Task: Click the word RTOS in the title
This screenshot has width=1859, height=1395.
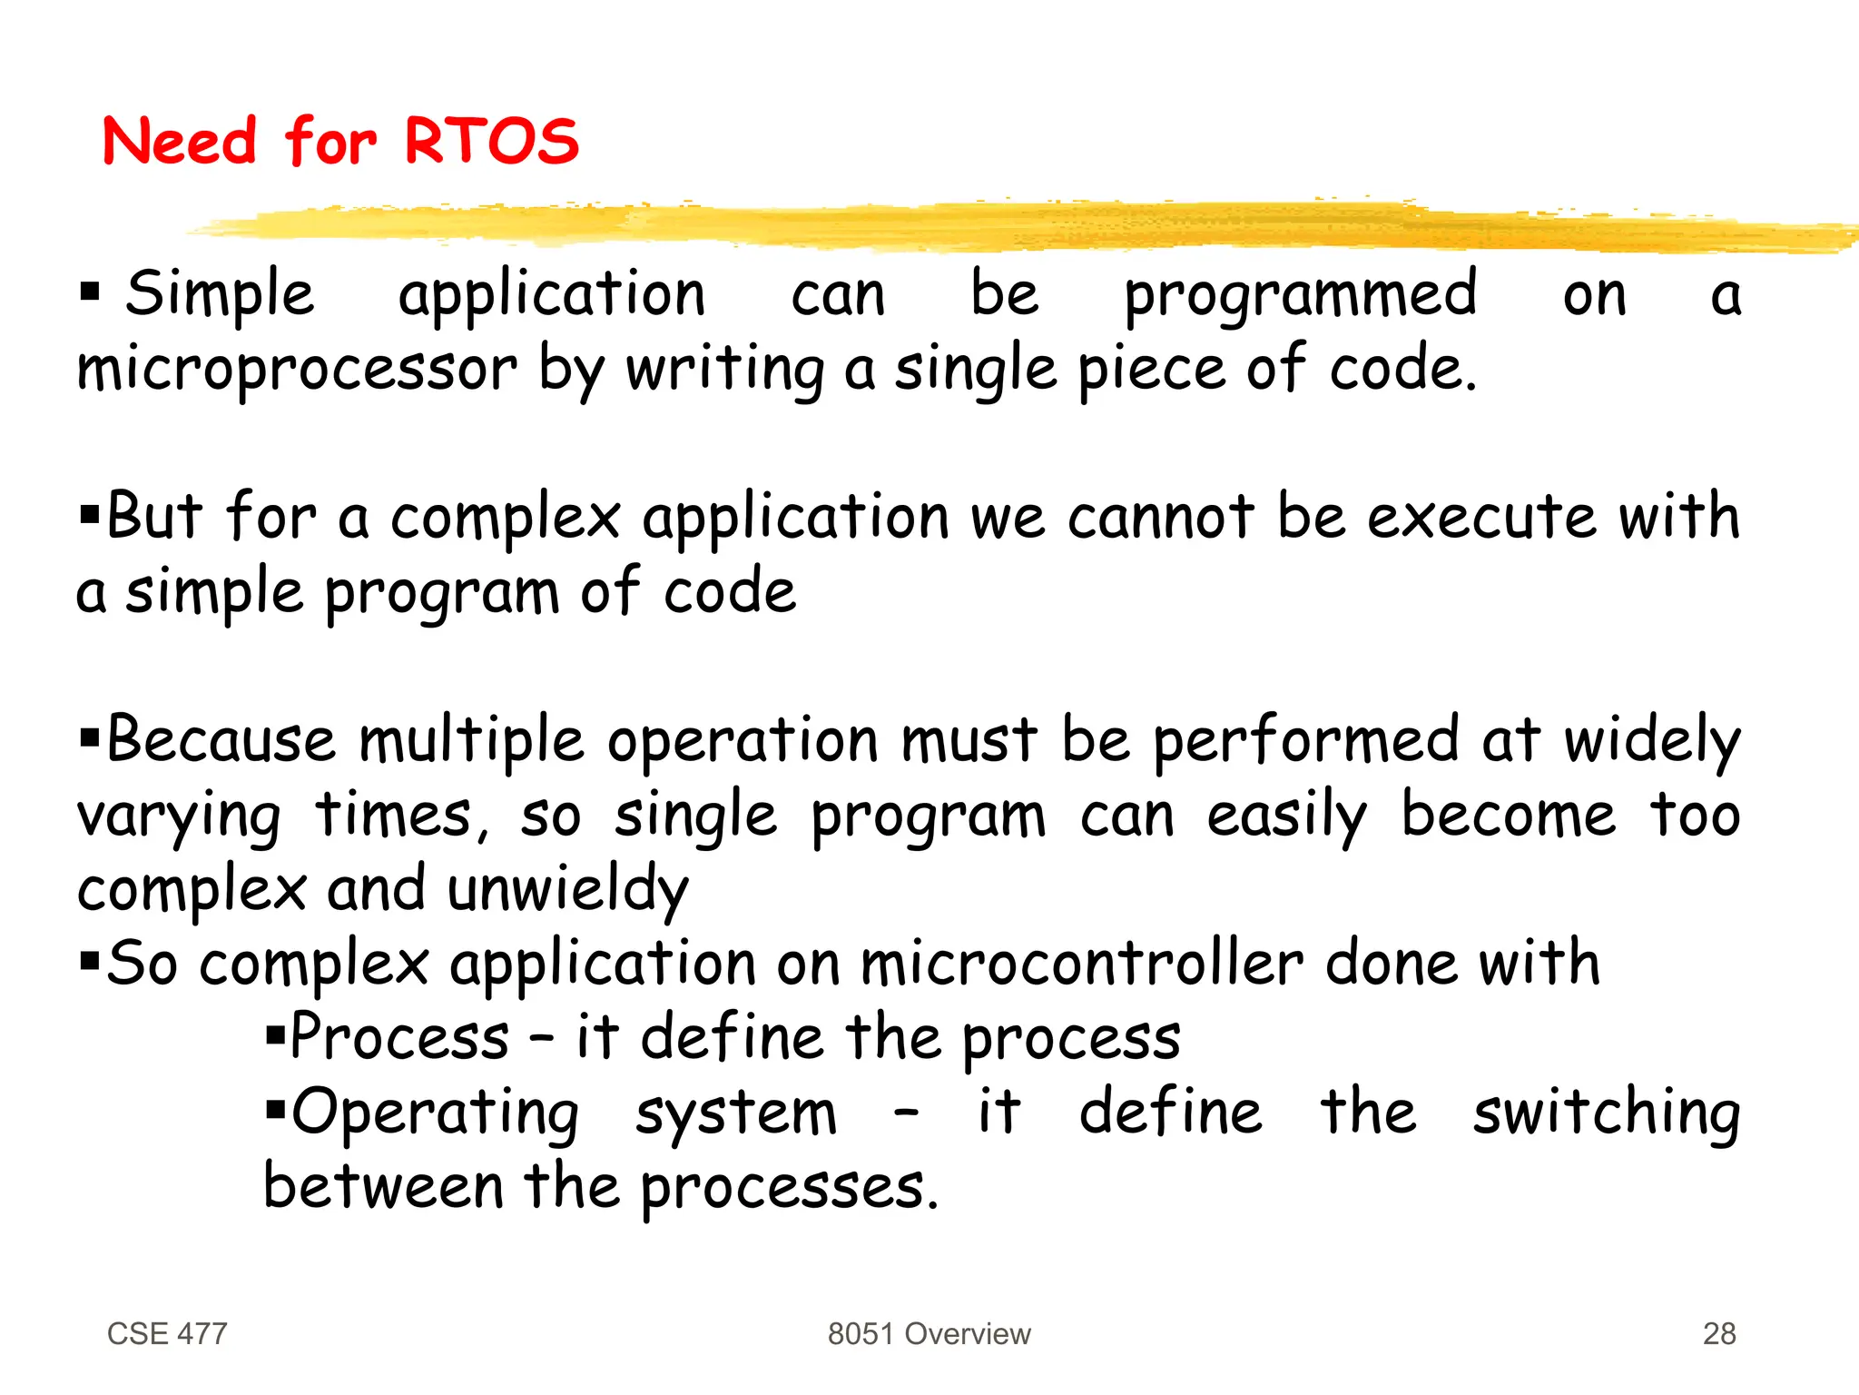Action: [490, 142]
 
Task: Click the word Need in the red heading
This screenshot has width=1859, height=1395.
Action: [180, 142]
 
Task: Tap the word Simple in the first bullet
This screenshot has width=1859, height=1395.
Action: [220, 295]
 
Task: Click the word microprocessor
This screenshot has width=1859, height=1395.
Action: [297, 371]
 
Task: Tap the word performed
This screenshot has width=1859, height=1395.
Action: [1305, 741]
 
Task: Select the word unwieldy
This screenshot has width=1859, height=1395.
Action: [568, 890]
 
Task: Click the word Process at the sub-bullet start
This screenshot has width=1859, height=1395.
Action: [399, 1037]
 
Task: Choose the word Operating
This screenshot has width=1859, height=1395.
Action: [434, 1113]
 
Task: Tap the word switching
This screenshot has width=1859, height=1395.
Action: [1606, 1113]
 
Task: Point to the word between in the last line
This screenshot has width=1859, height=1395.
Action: [383, 1186]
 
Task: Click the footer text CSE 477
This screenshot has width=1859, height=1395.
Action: [167, 1333]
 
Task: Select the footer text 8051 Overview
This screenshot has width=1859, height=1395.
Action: [929, 1333]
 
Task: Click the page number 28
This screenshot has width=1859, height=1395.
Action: [1718, 1333]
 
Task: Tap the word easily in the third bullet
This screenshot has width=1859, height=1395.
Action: [1286, 816]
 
